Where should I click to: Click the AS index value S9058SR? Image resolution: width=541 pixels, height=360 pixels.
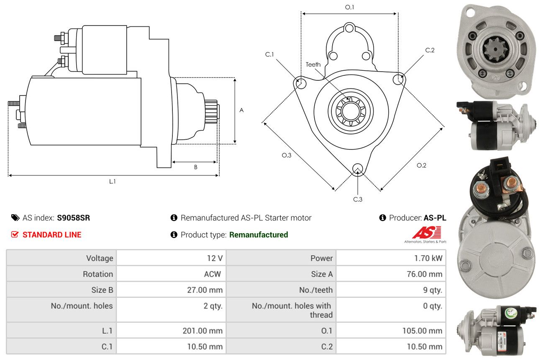73,218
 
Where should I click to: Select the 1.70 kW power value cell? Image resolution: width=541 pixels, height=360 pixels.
391,258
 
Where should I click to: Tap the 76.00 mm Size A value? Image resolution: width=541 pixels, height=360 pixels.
424,274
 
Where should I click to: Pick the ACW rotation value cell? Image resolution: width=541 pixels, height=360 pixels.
171,274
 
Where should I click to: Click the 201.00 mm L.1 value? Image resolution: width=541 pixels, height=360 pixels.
203,331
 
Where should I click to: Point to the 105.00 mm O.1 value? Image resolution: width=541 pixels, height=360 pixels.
422,331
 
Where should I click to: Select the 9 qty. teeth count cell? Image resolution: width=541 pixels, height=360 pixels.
391,290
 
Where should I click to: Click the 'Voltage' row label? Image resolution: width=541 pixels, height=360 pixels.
100,258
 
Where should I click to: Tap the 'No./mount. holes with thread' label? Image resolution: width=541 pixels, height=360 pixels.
292,310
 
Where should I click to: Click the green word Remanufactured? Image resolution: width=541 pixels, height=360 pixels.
259,234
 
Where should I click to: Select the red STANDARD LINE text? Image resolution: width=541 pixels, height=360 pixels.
52,234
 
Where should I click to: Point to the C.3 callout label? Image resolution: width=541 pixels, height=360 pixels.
358,199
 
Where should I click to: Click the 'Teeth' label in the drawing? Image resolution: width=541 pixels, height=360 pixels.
313,64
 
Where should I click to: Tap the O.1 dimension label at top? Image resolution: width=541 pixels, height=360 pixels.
349,7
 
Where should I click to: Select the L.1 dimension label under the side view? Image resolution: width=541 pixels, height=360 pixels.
112,181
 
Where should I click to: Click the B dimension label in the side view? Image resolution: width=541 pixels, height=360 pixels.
196,167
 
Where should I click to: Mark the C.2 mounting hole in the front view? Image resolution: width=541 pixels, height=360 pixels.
398,79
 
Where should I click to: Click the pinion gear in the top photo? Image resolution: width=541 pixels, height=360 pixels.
495,49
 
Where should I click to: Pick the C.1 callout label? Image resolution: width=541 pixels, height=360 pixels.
269,54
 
